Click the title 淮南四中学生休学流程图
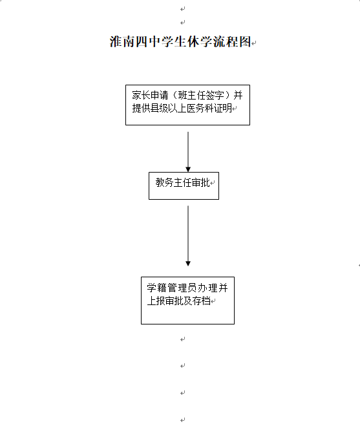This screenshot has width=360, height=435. click(180, 42)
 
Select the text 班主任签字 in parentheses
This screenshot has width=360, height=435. click(201, 96)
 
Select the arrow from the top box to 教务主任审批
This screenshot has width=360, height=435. click(188, 152)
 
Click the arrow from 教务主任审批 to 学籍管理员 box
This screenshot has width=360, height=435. click(188, 236)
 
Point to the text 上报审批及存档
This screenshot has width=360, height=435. click(178, 301)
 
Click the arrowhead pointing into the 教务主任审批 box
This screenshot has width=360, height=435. click(188, 169)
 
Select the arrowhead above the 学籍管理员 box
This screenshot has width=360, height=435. click(188, 264)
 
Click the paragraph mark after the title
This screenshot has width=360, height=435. click(254, 43)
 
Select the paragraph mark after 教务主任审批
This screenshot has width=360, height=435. click(213, 183)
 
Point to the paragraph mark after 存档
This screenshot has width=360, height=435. click(213, 301)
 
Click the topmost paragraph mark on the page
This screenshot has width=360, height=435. click(182, 9)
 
